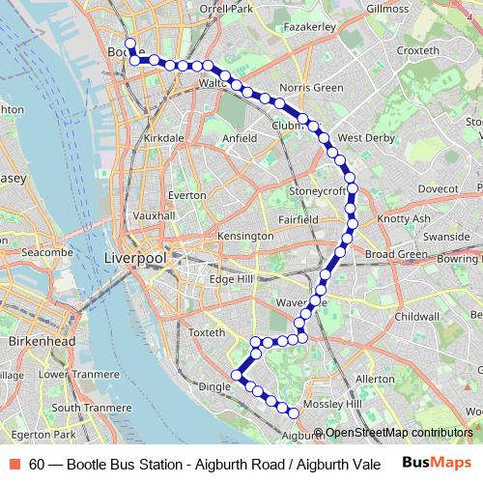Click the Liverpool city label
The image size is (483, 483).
pyautogui.click(x=134, y=259)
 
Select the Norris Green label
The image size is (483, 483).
pyautogui.click(x=311, y=88)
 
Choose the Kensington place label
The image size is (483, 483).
pyautogui.click(x=245, y=236)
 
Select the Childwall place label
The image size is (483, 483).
pyautogui.click(x=416, y=316)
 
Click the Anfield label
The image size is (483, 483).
pyautogui.click(x=239, y=138)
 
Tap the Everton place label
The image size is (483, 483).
pyautogui.click(x=186, y=194)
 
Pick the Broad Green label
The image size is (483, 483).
pyautogui.click(x=396, y=254)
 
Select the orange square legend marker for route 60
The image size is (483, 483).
pyautogui.click(x=16, y=464)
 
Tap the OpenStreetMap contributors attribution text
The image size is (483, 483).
pyautogui.click(x=398, y=433)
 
